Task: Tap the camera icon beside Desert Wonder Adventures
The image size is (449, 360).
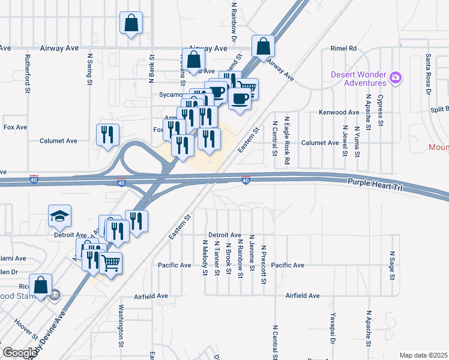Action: point(396,77)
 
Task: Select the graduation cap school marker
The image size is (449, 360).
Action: point(60,217)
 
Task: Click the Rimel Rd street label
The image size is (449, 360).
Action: point(344,49)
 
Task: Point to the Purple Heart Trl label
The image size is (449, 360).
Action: point(373,184)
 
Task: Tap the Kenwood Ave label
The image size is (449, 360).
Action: point(339,112)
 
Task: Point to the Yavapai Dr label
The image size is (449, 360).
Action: point(331,329)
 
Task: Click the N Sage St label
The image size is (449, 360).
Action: point(392,266)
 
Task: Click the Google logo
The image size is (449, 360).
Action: point(20,353)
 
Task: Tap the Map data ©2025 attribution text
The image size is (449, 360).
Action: point(423,355)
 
